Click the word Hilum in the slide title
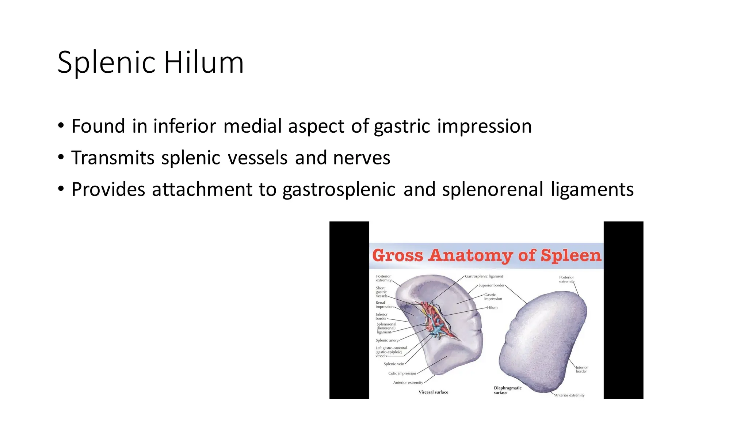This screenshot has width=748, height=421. coord(203,62)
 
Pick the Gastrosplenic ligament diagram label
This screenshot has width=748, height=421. coord(484,276)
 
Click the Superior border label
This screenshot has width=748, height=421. coord(491,285)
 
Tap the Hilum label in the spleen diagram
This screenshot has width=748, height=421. coord(492,307)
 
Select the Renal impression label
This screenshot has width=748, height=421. coord(384,305)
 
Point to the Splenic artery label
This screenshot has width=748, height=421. coord(387,340)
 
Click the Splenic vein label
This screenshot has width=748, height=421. coord(394,364)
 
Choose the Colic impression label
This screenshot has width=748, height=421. coord(402,373)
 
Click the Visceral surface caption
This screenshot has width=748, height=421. coord(433,392)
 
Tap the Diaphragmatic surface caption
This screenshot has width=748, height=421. coord(507,390)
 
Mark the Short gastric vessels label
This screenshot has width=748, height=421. coord(381,292)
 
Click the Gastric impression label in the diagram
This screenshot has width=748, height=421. coord(493,297)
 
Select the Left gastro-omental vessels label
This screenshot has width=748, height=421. coord(391,352)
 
